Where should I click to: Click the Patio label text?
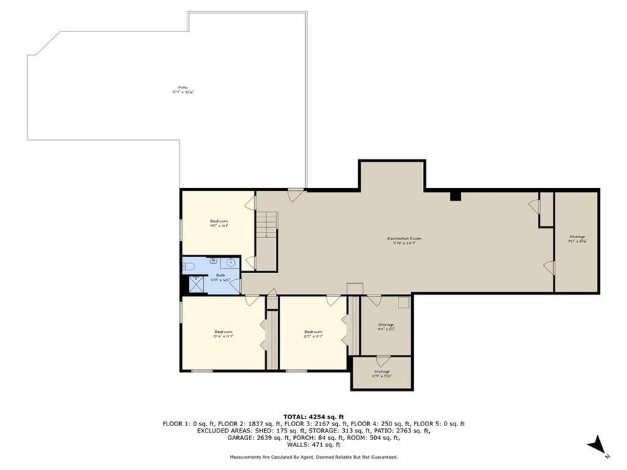tap(183, 89)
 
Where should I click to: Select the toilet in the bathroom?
tap(187, 267)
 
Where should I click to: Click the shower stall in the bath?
tap(196, 283)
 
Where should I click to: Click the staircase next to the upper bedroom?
tap(267, 224)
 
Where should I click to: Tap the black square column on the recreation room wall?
tap(455, 196)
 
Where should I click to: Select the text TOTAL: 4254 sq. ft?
tap(313, 416)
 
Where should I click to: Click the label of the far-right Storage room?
tap(576, 238)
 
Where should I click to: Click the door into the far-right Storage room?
tap(549, 267)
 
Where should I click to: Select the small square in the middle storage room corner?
tap(403, 303)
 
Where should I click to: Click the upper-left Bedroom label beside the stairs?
tap(219, 223)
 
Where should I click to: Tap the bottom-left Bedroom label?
tap(223, 333)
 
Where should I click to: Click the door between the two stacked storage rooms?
tap(382, 361)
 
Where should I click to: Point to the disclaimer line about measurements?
tap(313, 457)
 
